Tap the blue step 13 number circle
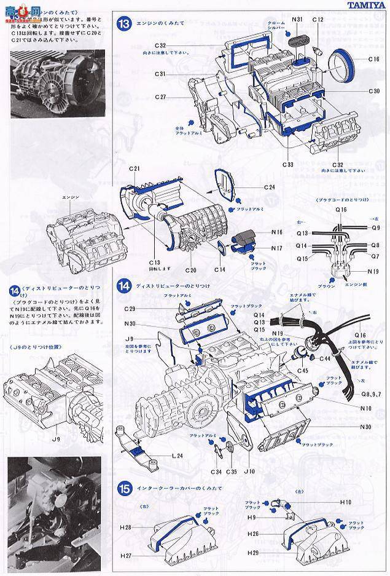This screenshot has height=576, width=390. (x=125, y=25)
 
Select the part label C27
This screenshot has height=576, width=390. (x=161, y=97)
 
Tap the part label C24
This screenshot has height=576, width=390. (x=270, y=186)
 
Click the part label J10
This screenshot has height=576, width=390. (x=249, y=471)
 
